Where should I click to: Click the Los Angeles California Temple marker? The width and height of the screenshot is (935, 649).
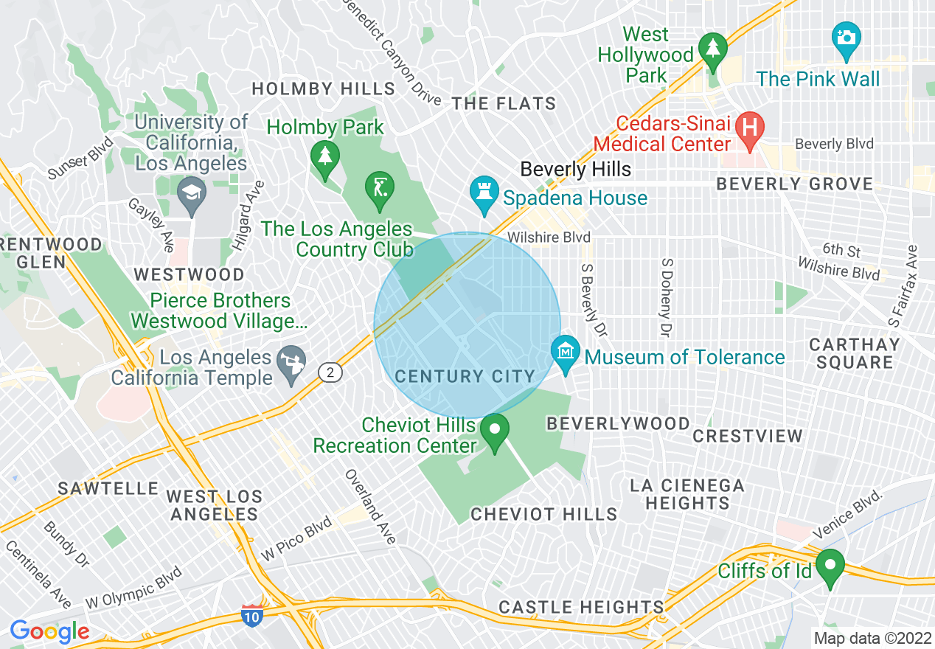(291, 362)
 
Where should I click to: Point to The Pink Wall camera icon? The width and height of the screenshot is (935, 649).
(846, 38)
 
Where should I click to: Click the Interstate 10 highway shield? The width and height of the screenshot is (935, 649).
(252, 614)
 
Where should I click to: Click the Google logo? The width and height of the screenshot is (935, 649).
(49, 631)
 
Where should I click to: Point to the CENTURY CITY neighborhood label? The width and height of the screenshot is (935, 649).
(465, 377)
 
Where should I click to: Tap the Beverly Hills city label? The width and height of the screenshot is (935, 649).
(575, 170)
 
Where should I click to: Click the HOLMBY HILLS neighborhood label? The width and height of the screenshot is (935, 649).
(324, 89)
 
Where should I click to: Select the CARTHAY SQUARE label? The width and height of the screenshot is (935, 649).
(855, 353)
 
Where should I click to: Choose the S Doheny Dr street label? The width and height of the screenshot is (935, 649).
(666, 298)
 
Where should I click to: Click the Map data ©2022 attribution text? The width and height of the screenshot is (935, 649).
(872, 638)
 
